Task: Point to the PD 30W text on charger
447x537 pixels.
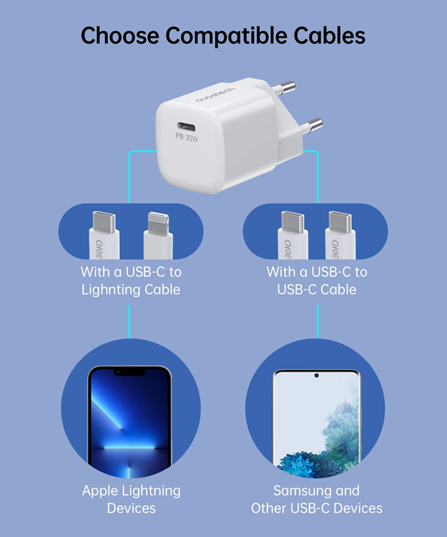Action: pos(187,135)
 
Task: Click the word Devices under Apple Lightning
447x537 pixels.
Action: pos(131,508)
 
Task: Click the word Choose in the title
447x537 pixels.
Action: pos(117,36)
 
